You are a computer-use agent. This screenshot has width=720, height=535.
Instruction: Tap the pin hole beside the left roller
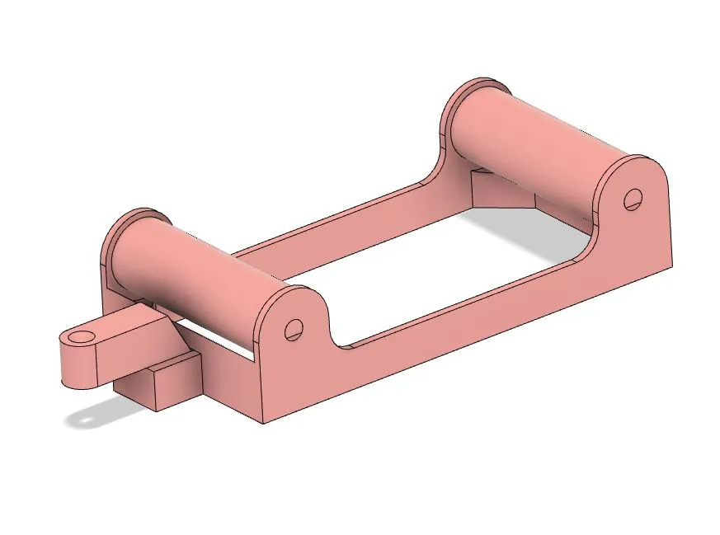pyautogui.click(x=291, y=329)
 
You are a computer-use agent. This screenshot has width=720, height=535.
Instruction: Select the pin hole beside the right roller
pyautogui.click(x=633, y=198)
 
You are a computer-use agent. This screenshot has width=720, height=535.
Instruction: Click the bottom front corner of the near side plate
pyautogui.click(x=265, y=423)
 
